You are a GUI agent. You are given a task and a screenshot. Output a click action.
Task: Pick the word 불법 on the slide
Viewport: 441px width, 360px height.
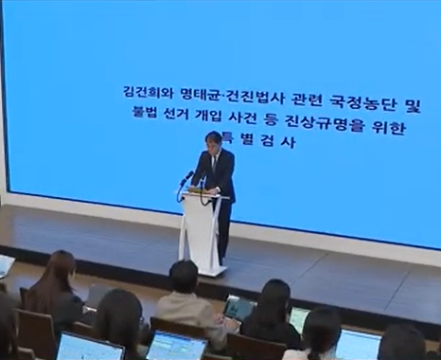[149, 119]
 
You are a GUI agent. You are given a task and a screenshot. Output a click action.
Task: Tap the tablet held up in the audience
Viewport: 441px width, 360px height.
[238, 308]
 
